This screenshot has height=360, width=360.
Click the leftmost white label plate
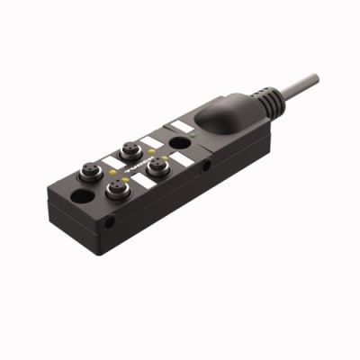(112, 162)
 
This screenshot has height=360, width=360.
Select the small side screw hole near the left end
(109, 220)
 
